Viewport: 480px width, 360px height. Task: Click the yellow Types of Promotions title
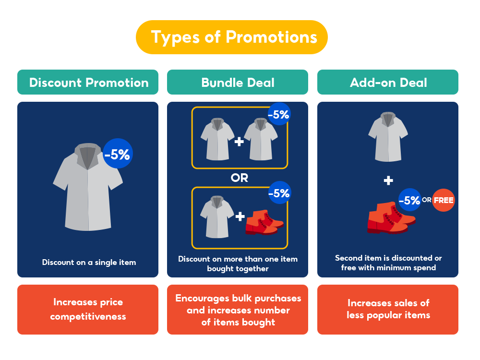tap(234, 37)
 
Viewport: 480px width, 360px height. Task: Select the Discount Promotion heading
tap(88, 83)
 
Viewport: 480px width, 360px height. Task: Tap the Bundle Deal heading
tap(238, 83)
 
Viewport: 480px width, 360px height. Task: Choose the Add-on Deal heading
tap(388, 83)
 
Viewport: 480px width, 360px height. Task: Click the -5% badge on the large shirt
tap(118, 154)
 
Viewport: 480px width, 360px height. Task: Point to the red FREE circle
tap(444, 200)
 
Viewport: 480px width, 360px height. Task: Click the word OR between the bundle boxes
tap(239, 178)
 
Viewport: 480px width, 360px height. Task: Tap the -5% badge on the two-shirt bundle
tap(279, 115)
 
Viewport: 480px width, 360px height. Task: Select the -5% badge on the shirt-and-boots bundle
tap(279, 193)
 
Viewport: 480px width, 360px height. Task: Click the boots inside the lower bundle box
tap(264, 221)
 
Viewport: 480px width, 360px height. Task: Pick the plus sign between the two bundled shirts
tap(239, 142)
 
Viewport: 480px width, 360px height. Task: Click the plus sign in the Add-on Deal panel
tap(388, 180)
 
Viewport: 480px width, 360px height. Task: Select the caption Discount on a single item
tap(89, 262)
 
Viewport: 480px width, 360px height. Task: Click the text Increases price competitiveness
tap(88, 309)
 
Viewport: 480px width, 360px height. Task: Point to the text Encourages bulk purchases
tap(238, 298)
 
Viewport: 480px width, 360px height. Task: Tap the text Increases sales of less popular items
tap(388, 309)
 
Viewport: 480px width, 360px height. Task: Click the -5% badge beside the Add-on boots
tap(409, 200)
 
